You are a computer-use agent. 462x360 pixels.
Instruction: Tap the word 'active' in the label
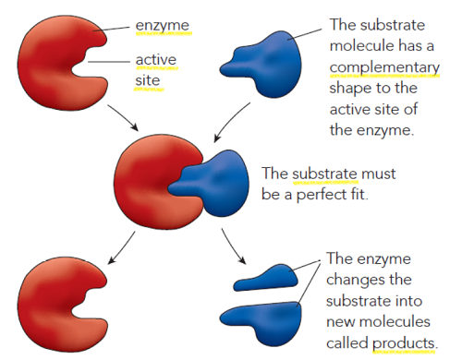[x=156, y=62]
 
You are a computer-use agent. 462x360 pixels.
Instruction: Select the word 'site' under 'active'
[x=148, y=81]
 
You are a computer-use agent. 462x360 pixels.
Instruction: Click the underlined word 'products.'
[x=405, y=343]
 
